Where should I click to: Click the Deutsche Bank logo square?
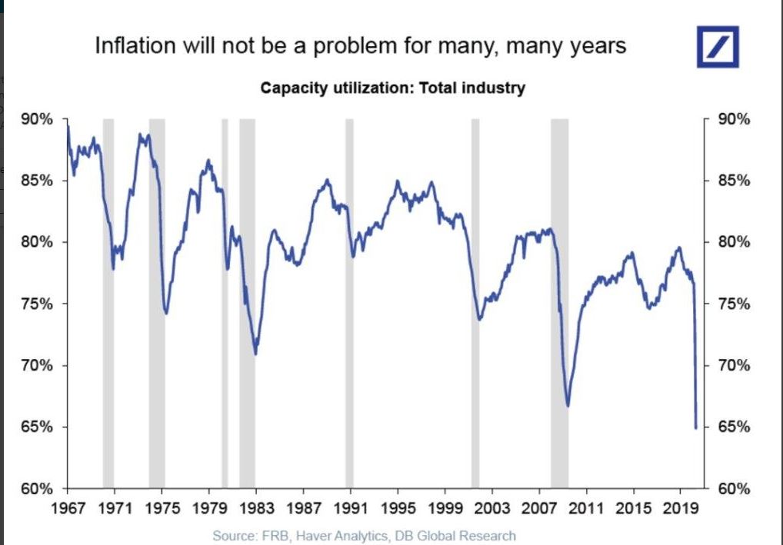pyautogui.click(x=717, y=47)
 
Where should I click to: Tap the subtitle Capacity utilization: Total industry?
pyautogui.click(x=392, y=88)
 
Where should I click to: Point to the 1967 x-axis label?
pyautogui.click(x=67, y=508)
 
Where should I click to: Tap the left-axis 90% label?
pyautogui.click(x=36, y=120)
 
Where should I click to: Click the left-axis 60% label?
pyautogui.click(x=36, y=489)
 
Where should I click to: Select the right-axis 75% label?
pyautogui.click(x=735, y=304)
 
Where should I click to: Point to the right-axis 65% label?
pyautogui.click(x=735, y=427)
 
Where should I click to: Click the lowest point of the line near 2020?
pyautogui.click(x=696, y=428)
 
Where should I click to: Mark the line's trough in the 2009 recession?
pyautogui.click(x=568, y=405)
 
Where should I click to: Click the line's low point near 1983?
pyautogui.click(x=255, y=354)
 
